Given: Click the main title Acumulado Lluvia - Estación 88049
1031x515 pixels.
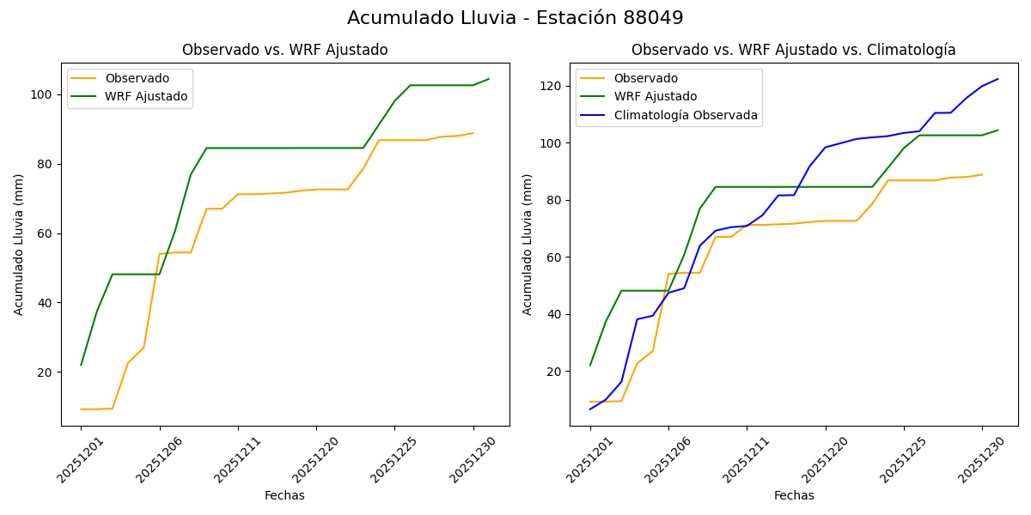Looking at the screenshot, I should [x=515, y=18].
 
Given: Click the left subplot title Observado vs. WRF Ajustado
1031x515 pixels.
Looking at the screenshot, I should [x=284, y=51].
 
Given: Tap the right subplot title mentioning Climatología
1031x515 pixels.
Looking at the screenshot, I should [x=793, y=51].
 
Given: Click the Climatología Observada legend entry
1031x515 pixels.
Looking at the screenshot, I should [x=686, y=115].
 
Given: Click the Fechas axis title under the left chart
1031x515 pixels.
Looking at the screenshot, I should [x=284, y=495].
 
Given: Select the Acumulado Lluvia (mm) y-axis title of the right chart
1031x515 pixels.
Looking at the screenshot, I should [x=528, y=244].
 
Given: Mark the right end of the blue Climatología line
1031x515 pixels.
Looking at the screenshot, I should [x=998, y=79].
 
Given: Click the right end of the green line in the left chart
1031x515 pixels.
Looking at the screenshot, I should [x=489, y=79].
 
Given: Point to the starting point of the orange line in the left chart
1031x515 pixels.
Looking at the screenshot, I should [x=81, y=409].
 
